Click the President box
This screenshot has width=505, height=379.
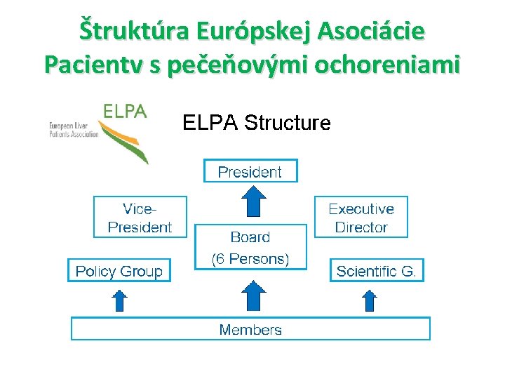250,171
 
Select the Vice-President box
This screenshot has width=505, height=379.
140,218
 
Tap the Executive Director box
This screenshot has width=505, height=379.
361,218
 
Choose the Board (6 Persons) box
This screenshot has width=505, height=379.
250,247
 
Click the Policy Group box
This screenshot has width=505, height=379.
119,271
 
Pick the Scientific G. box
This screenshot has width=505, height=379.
377,271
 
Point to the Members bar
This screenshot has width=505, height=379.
250,329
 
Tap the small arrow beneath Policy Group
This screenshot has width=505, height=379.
120,300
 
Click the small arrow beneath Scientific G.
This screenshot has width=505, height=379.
369,300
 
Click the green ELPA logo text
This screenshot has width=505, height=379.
125,111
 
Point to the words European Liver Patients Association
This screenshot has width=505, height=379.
73,130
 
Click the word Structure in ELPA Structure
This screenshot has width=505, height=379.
288,123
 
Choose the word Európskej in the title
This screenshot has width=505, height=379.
255,32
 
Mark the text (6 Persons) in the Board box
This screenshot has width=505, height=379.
250,258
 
